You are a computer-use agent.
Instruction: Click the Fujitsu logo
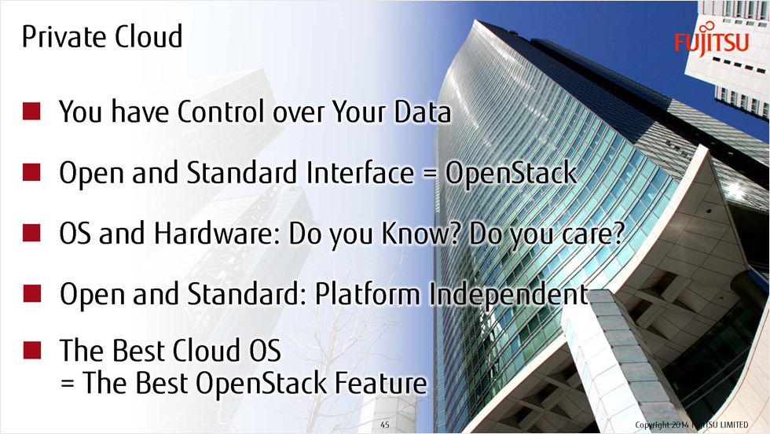pos(712,39)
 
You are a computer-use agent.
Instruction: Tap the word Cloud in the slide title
pos(148,36)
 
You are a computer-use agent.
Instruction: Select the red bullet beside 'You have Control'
pos(31,111)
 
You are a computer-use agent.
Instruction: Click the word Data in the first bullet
pos(423,112)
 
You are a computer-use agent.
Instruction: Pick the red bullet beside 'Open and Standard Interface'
pos(31,172)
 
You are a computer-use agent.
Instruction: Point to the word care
pos(593,234)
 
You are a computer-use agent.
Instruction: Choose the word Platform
pos(368,293)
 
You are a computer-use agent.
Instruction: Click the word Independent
pos(508,295)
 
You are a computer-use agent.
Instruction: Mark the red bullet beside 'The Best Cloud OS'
pos(32,350)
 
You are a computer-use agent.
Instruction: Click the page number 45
pos(385,425)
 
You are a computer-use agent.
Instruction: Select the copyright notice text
pos(691,425)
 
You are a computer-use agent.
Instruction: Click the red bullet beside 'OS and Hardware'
pos(31,233)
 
